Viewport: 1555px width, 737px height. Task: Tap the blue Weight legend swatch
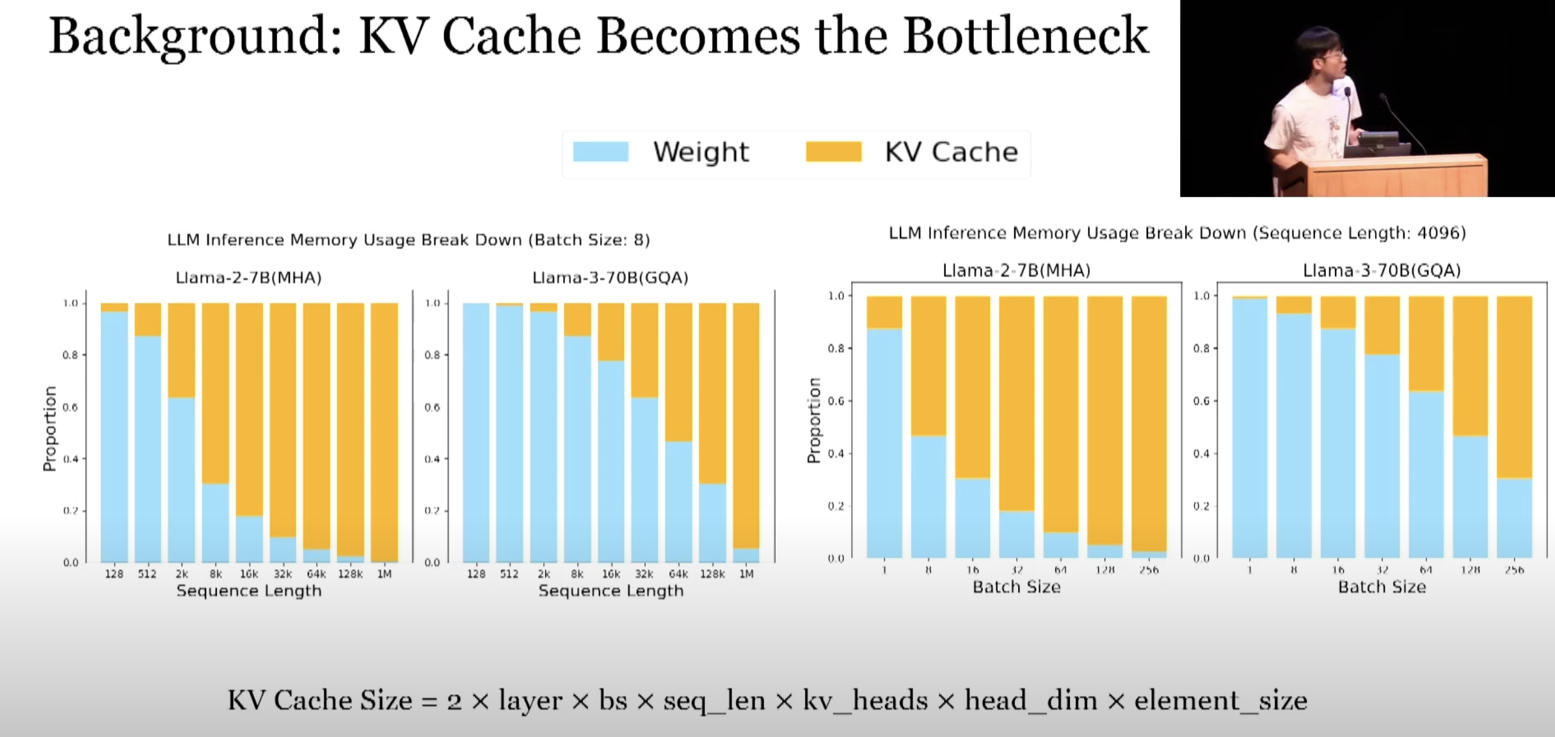pyautogui.click(x=600, y=152)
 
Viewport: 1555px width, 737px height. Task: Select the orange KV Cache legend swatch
pyautogui.click(x=833, y=152)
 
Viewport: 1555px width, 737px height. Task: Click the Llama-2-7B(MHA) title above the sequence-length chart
pyautogui.click(x=248, y=278)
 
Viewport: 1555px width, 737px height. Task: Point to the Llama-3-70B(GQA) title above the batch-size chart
pyautogui.click(x=1382, y=271)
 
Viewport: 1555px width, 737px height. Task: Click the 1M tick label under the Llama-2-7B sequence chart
pyautogui.click(x=384, y=575)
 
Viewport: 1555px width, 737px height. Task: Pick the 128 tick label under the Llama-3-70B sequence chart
pyautogui.click(x=475, y=575)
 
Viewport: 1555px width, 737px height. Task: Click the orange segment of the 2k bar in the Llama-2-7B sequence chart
pyautogui.click(x=182, y=350)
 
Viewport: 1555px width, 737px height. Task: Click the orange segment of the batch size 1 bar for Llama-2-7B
pyautogui.click(x=884, y=312)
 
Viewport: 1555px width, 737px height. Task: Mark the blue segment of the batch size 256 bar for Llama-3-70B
pyautogui.click(x=1514, y=518)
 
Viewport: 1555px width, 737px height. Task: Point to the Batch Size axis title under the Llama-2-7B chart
pyautogui.click(x=1016, y=587)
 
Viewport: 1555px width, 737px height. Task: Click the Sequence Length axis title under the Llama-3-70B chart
pyautogui.click(x=610, y=591)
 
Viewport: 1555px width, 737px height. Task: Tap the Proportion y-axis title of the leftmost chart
pyautogui.click(x=50, y=429)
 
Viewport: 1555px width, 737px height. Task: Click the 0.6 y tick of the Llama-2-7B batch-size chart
pyautogui.click(x=837, y=401)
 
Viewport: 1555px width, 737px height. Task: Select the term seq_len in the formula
pyautogui.click(x=714, y=701)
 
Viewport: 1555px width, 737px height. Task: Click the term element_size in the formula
pyautogui.click(x=1220, y=701)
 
